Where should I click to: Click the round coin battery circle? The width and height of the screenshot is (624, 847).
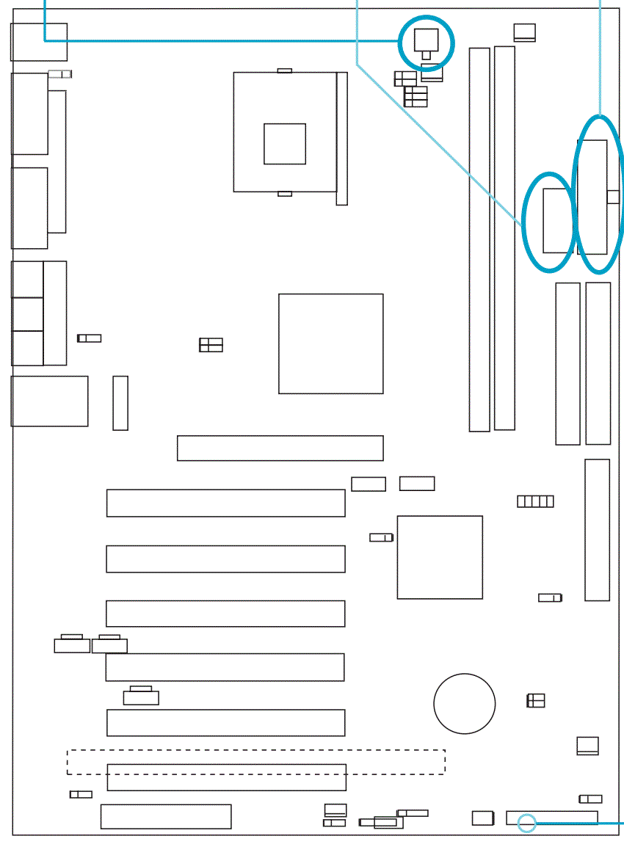tap(464, 703)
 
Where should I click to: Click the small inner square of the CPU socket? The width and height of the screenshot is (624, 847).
tap(285, 144)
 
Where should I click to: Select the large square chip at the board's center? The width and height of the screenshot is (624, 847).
tap(330, 343)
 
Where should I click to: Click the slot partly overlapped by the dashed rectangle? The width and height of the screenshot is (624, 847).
tap(226, 777)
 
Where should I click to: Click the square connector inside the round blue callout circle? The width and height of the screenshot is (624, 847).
tap(426, 39)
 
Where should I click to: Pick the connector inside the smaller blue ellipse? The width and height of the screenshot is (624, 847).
tap(557, 220)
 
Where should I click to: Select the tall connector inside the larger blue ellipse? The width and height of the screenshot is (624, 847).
tap(592, 197)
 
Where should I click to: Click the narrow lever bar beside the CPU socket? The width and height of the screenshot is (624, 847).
tap(341, 138)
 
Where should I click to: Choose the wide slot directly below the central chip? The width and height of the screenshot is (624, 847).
tap(280, 448)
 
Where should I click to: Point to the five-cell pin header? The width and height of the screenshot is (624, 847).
tap(535, 501)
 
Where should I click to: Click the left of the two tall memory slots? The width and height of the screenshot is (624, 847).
tap(479, 239)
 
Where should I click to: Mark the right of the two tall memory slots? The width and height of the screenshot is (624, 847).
tap(504, 238)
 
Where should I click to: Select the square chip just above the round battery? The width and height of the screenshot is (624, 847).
tap(440, 557)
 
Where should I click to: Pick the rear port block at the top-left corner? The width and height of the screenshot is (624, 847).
tap(38, 42)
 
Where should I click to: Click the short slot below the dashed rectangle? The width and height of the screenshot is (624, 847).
tap(166, 816)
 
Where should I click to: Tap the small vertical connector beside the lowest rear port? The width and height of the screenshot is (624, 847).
tap(120, 403)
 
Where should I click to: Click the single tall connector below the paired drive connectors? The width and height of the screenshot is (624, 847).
tap(597, 530)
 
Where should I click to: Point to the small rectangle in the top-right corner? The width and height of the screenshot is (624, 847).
tap(525, 32)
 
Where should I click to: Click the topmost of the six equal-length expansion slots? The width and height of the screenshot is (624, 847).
tap(225, 503)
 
